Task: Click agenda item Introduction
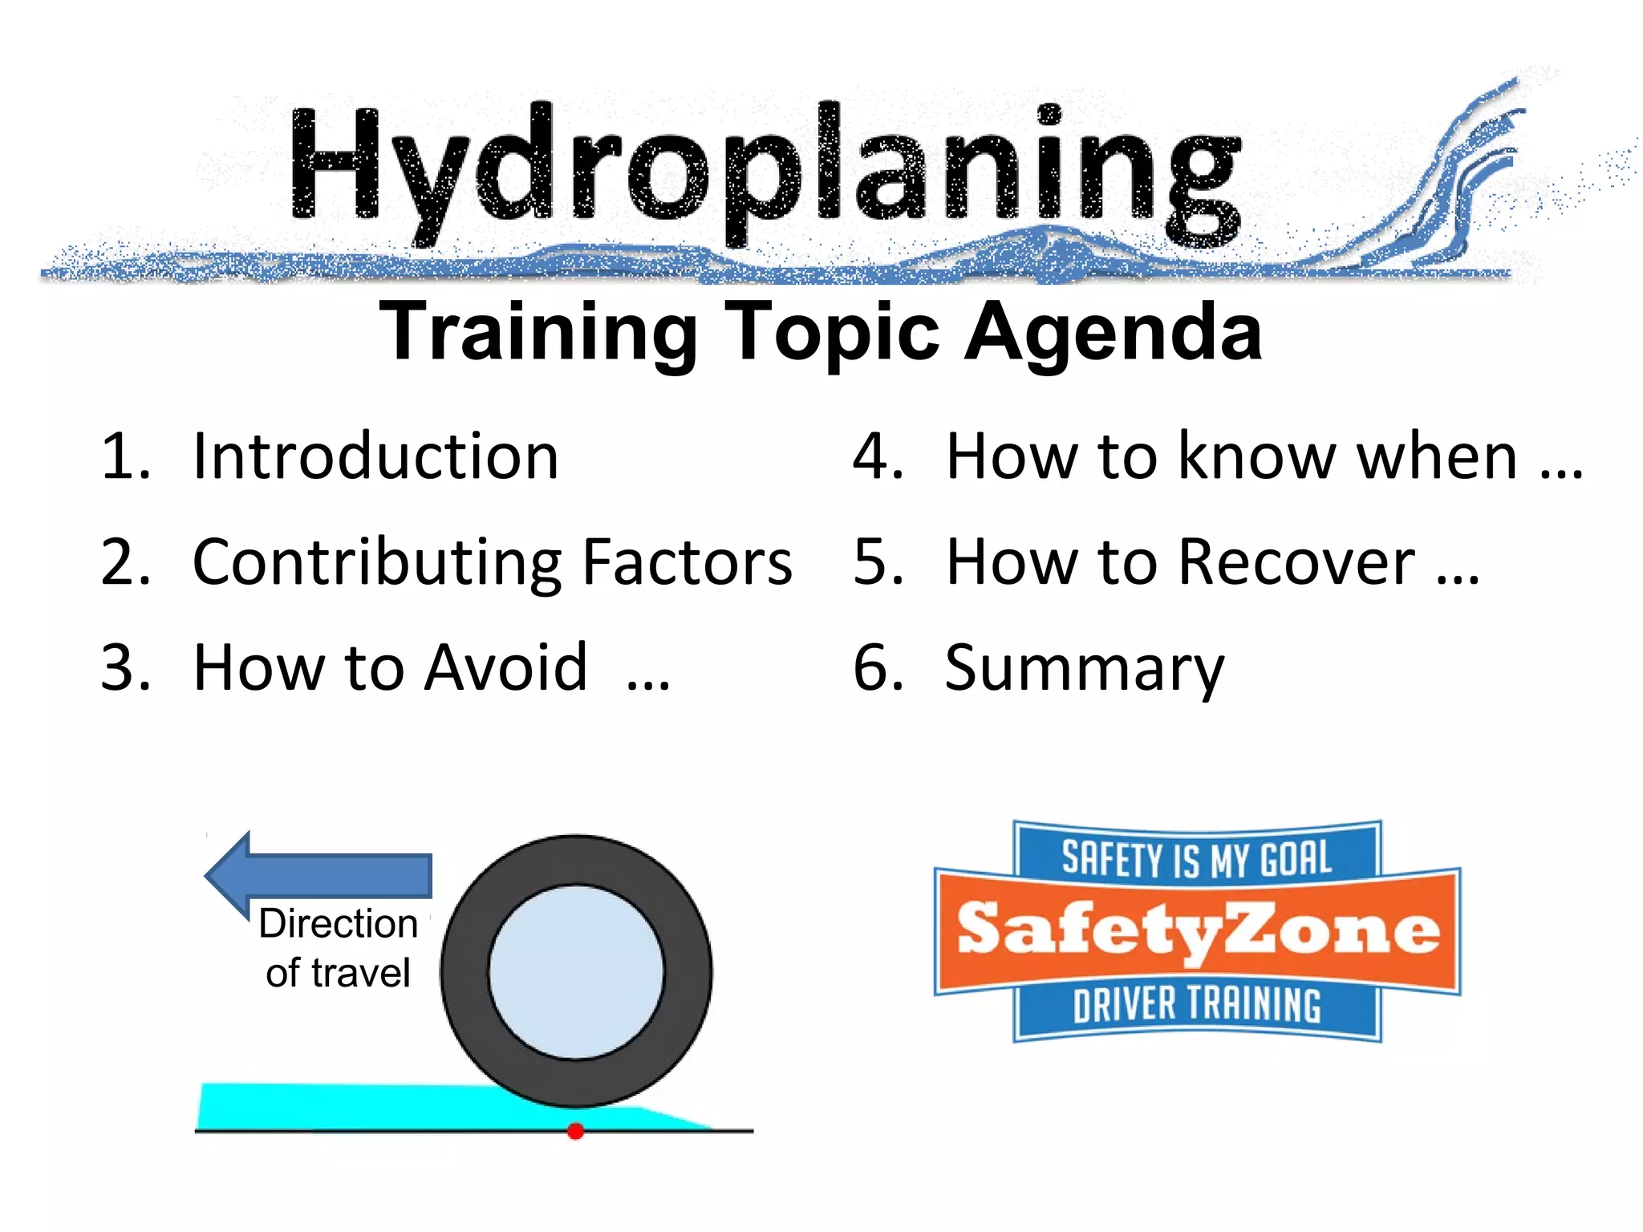point(375,457)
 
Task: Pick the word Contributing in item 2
point(377,563)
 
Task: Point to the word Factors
point(687,563)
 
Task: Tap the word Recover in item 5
point(1296,563)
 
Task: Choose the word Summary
point(1085,669)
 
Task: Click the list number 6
point(878,669)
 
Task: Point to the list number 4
point(878,457)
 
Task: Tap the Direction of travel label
point(338,948)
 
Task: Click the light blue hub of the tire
point(576,972)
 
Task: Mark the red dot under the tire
point(575,1131)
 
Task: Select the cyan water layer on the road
point(361,1107)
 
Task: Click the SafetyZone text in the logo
point(1197,930)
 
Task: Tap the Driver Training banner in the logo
point(1197,1006)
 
